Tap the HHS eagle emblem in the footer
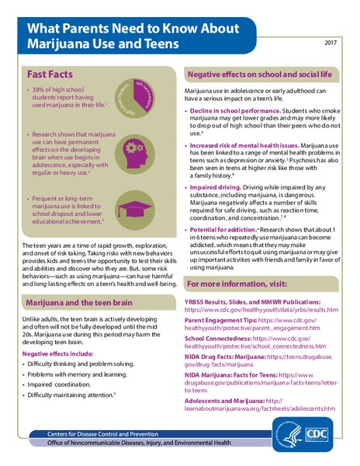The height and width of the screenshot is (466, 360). pyautogui.click(x=284, y=430)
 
